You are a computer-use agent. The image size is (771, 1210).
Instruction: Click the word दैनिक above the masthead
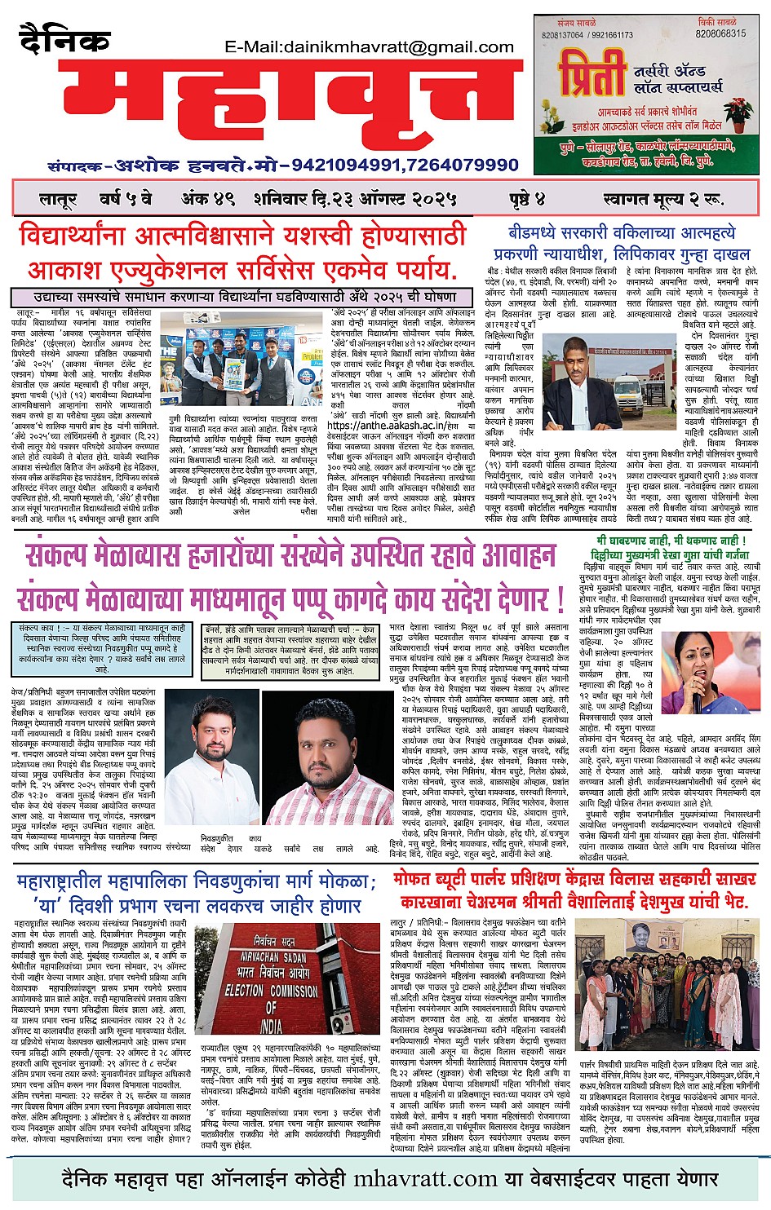click(64, 40)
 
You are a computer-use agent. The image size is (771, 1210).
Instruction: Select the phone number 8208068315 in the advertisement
click(720, 34)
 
